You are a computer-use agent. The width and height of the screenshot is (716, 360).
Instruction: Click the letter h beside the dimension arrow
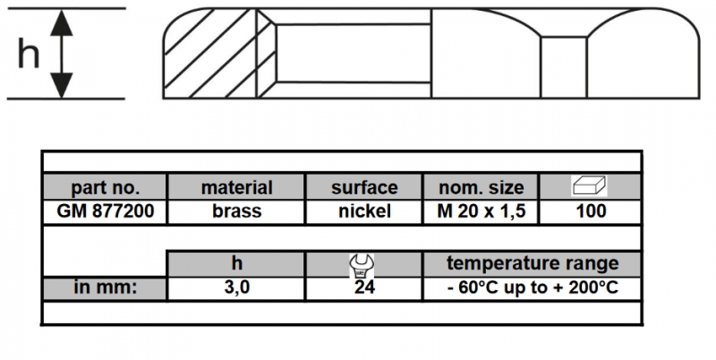click(x=29, y=53)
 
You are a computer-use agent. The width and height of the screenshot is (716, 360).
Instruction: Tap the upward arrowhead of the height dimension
click(x=62, y=23)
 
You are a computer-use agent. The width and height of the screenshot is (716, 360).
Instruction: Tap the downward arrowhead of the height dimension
click(x=62, y=85)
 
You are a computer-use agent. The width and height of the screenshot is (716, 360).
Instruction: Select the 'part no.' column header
click(x=105, y=188)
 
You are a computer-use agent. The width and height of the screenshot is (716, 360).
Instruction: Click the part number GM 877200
click(x=105, y=211)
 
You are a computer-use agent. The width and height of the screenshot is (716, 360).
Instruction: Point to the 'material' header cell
click(x=236, y=188)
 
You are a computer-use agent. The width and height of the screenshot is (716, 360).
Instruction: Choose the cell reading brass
click(x=236, y=211)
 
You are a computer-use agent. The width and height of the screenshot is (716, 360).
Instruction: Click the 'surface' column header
click(x=364, y=188)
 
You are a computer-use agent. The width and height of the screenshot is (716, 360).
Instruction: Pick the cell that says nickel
click(x=364, y=211)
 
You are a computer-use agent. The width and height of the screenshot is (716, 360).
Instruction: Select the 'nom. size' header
click(x=482, y=188)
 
